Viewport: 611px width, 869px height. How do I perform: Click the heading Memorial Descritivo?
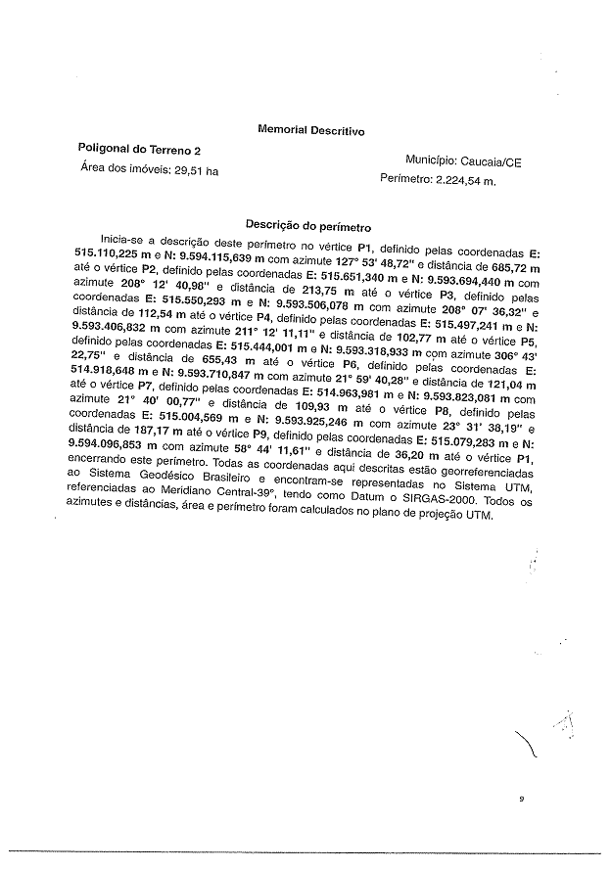click(x=310, y=129)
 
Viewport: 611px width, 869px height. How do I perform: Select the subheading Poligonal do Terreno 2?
click(x=139, y=150)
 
